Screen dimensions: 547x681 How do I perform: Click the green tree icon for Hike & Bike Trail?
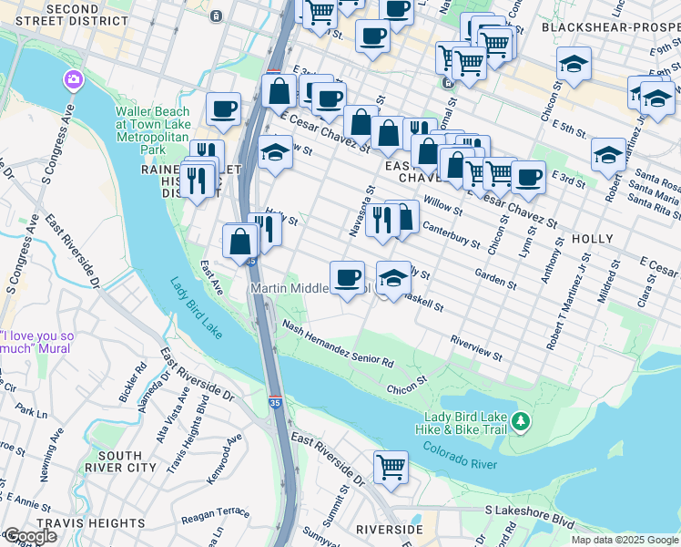click(x=520, y=421)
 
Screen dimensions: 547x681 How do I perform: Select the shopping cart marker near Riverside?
click(x=391, y=467)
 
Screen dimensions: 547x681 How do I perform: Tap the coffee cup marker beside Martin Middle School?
click(x=346, y=277)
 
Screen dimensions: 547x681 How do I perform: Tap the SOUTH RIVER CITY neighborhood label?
click(x=120, y=461)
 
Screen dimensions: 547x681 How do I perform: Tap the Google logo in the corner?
click(x=30, y=535)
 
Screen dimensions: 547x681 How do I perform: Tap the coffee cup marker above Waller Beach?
click(x=223, y=109)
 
